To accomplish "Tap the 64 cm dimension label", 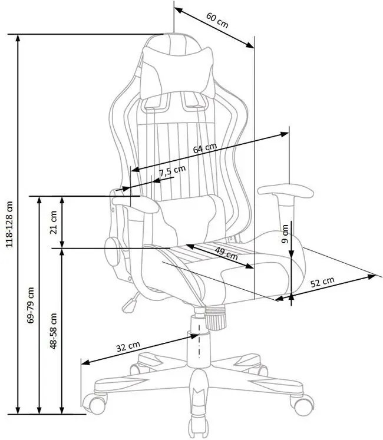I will click(x=205, y=148).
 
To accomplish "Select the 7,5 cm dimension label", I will click(x=172, y=171).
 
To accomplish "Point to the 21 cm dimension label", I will click(x=54, y=221).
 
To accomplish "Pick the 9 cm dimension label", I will click(x=285, y=234).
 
